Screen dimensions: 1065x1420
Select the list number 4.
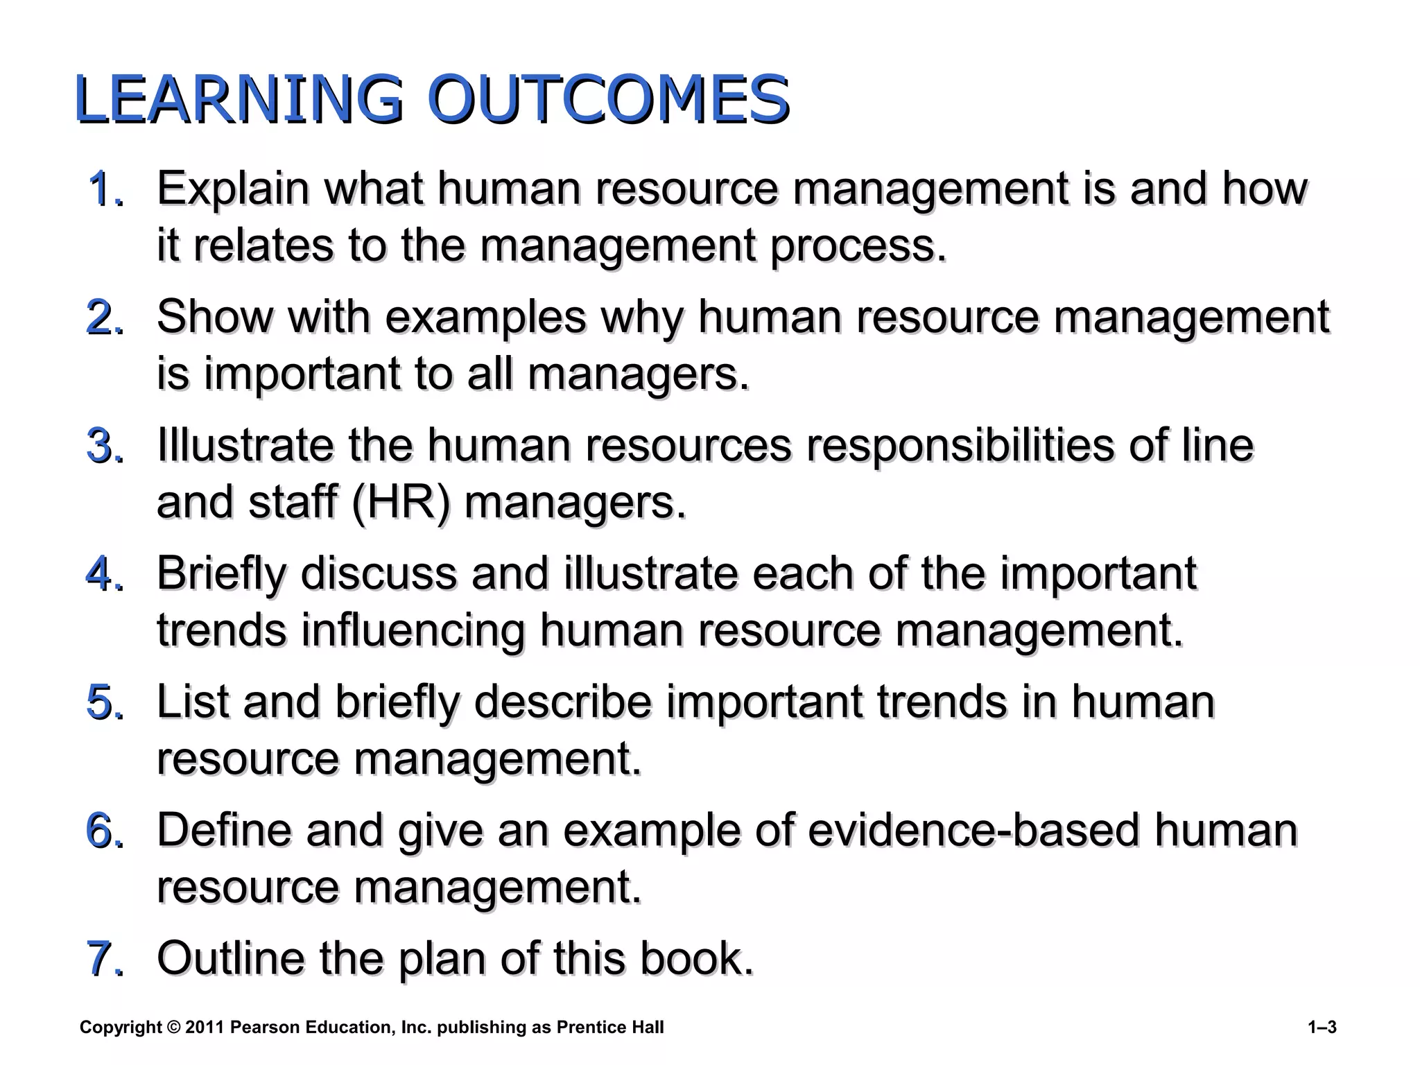point(105,575)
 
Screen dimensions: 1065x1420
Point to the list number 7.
point(105,960)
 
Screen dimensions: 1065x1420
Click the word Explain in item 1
point(233,189)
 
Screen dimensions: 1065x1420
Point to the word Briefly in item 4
point(221,575)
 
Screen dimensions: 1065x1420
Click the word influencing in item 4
point(413,631)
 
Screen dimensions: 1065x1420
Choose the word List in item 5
point(191,702)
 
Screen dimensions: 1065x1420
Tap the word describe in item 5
point(562,702)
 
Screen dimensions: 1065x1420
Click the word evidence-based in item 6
point(973,831)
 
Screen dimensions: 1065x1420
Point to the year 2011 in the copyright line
point(205,1028)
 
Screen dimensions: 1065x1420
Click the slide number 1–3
point(1322,1028)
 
